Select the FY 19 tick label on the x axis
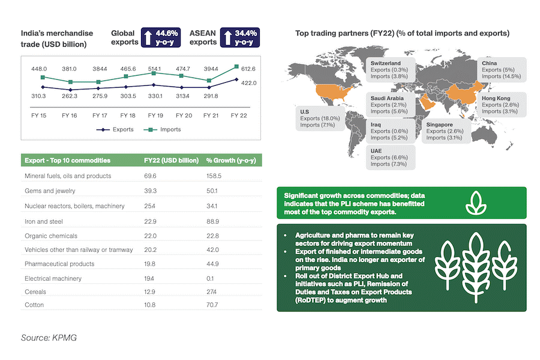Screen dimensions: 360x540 [x=155, y=115]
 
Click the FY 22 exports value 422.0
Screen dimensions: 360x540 [x=248, y=83]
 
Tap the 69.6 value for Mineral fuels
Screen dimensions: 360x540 [x=151, y=176]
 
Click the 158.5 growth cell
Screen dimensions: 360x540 [x=214, y=176]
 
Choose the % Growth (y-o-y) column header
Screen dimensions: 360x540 [x=231, y=160]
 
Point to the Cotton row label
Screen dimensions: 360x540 [x=34, y=305]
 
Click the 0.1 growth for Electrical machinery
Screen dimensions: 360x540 [x=210, y=278]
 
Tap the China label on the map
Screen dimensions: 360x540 [x=490, y=63]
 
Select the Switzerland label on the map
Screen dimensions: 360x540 [x=385, y=63]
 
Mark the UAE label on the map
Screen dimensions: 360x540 [x=377, y=150]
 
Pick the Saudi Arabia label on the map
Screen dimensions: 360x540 [x=387, y=98]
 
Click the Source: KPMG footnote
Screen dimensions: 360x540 [x=49, y=338]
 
